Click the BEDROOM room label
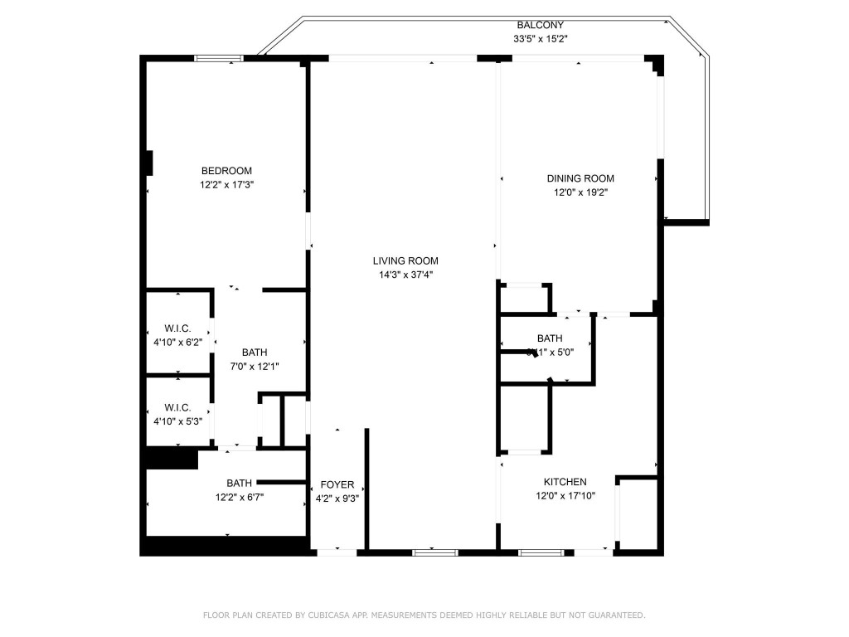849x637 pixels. click(226, 171)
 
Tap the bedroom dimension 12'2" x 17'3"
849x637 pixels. click(226, 186)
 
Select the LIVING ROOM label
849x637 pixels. click(405, 260)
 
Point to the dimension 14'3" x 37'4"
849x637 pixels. click(405, 275)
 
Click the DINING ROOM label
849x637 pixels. click(580, 178)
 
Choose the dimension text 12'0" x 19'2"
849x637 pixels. click(580, 192)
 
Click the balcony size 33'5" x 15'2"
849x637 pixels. click(541, 39)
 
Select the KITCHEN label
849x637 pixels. click(565, 482)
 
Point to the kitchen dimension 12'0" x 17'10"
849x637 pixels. click(565, 496)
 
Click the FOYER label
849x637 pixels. click(337, 484)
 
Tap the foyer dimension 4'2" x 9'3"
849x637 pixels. click(337, 498)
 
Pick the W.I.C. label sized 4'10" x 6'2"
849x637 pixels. click(177, 328)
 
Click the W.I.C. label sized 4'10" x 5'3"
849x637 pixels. click(177, 407)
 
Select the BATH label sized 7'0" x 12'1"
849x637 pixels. click(255, 352)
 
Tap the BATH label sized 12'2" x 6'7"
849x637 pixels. click(240, 483)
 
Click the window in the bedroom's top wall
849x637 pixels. click(219, 58)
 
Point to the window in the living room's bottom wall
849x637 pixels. click(435, 552)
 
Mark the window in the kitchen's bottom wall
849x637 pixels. click(542, 552)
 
